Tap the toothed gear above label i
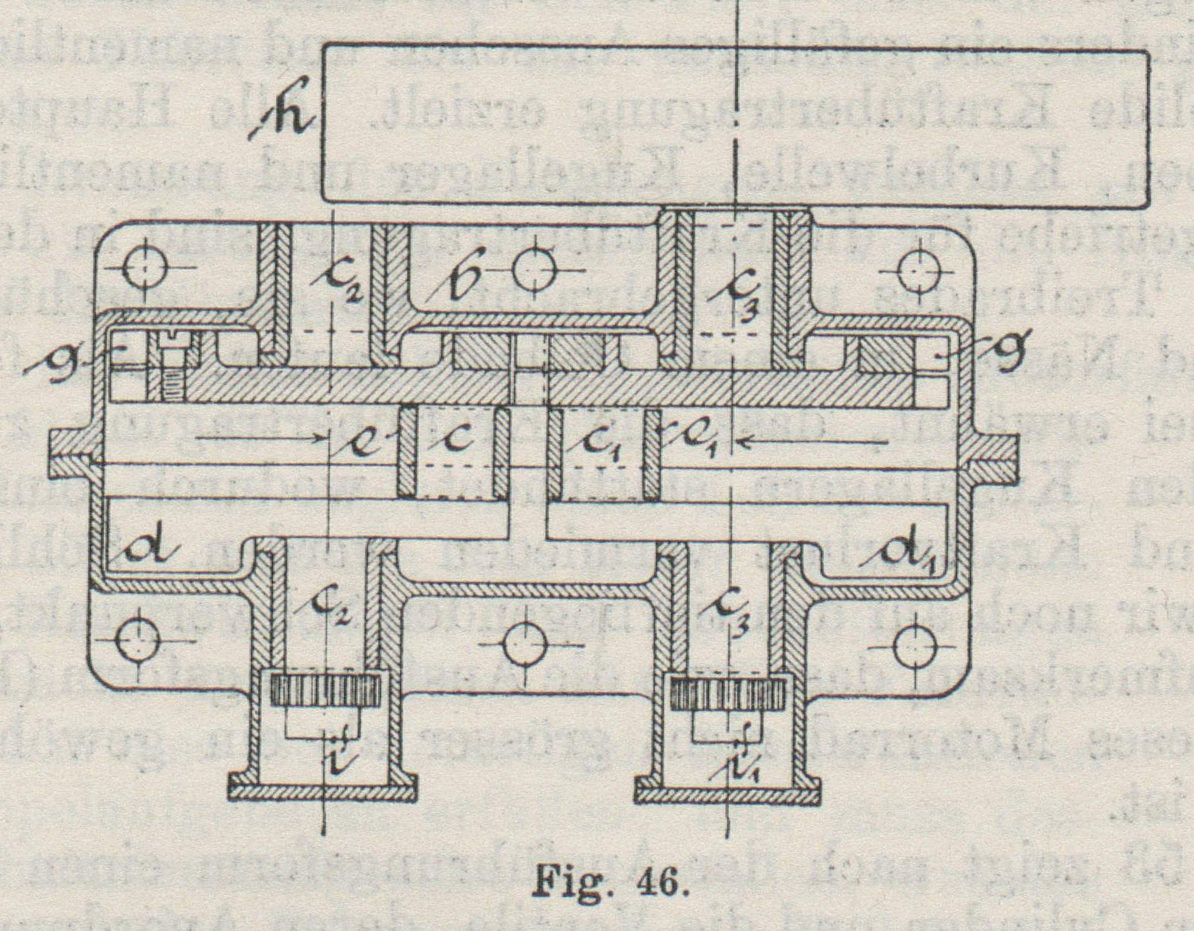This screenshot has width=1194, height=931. (x=327, y=690)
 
